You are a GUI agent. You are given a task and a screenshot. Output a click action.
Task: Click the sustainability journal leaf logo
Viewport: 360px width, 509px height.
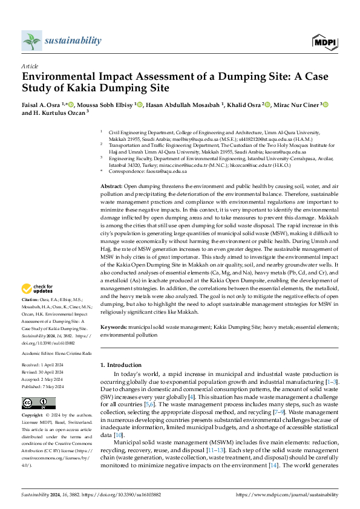(x=31, y=41)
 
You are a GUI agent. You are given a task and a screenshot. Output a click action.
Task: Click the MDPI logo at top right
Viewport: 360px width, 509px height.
(x=325, y=42)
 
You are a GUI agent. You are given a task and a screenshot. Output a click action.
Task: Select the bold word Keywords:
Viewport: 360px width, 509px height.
(x=114, y=326)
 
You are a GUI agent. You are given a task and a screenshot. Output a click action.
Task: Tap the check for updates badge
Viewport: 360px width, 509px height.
(x=38, y=289)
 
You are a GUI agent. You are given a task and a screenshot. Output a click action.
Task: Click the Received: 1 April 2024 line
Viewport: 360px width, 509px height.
(x=46, y=365)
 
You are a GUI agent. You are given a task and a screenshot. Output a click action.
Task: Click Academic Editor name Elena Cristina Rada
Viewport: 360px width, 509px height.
(x=71, y=352)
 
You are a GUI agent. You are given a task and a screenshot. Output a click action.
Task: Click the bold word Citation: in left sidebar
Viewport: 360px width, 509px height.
(x=31, y=300)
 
